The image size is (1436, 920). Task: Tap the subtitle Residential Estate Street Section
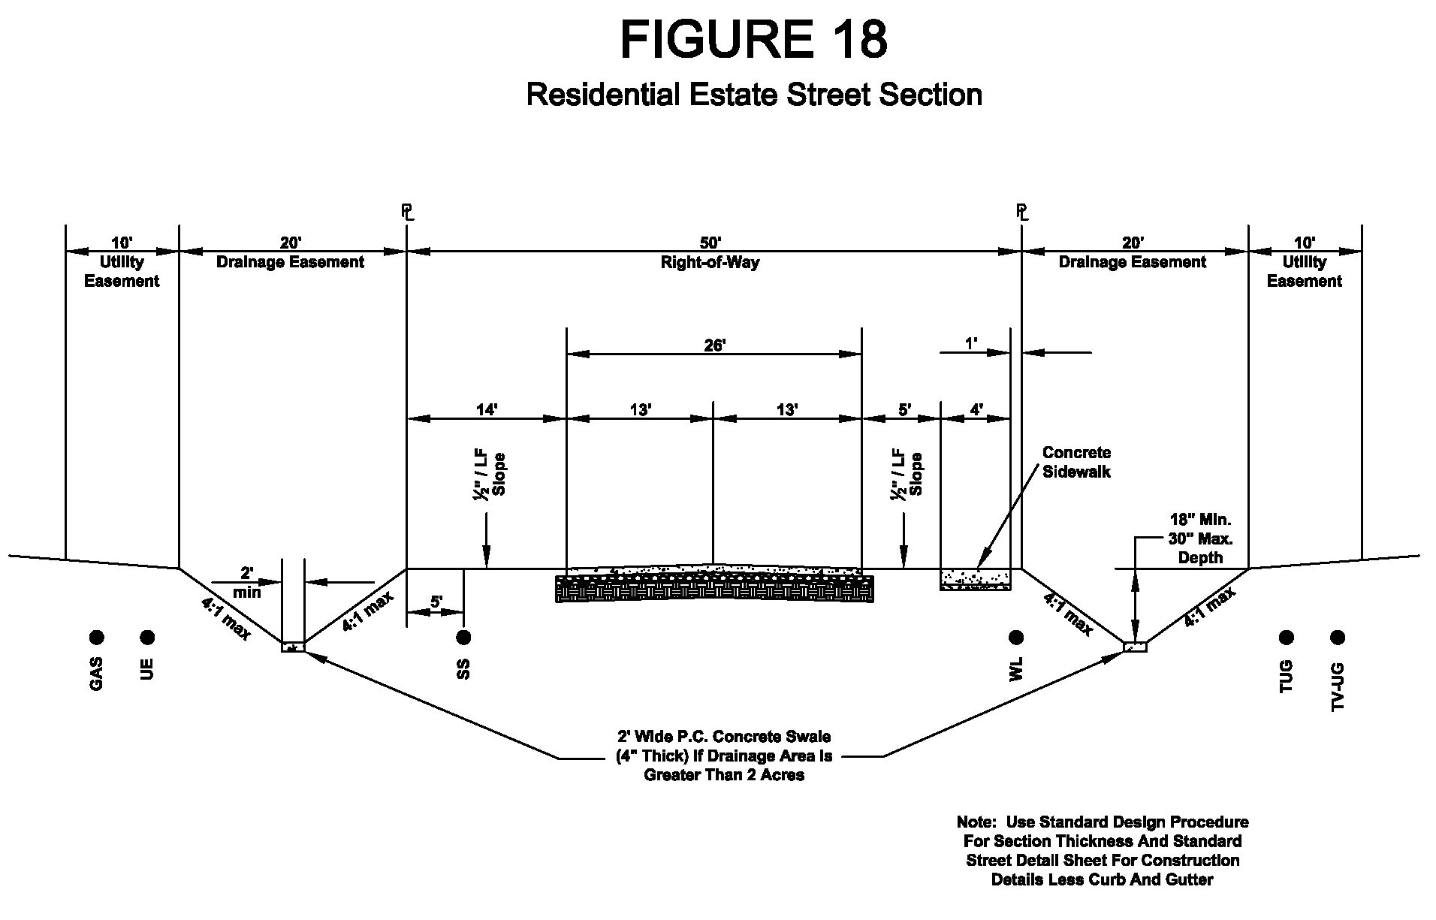click(x=754, y=95)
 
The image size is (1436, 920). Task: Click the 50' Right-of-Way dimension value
click(x=710, y=243)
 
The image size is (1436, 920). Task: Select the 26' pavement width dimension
click(x=714, y=345)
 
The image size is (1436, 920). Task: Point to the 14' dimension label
click(x=487, y=409)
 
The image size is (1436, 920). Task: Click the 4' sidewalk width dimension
click(x=976, y=409)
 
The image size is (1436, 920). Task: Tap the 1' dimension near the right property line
click(x=971, y=344)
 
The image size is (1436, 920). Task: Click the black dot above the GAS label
click(x=96, y=638)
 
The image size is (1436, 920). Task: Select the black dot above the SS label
click(x=463, y=638)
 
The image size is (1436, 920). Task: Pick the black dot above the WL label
click(x=1016, y=638)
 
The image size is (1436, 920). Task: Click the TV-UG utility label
click(x=1337, y=686)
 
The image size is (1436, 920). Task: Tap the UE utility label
click(x=147, y=668)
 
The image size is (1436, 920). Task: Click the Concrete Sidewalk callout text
click(x=1076, y=462)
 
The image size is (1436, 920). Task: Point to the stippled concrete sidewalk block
click(x=976, y=579)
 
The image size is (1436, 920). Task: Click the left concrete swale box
click(x=294, y=647)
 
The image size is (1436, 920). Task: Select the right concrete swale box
click(x=1135, y=647)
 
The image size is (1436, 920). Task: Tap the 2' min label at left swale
click(x=247, y=583)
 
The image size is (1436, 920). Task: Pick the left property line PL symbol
click(x=408, y=212)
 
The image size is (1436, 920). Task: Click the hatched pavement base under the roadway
click(x=714, y=589)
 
